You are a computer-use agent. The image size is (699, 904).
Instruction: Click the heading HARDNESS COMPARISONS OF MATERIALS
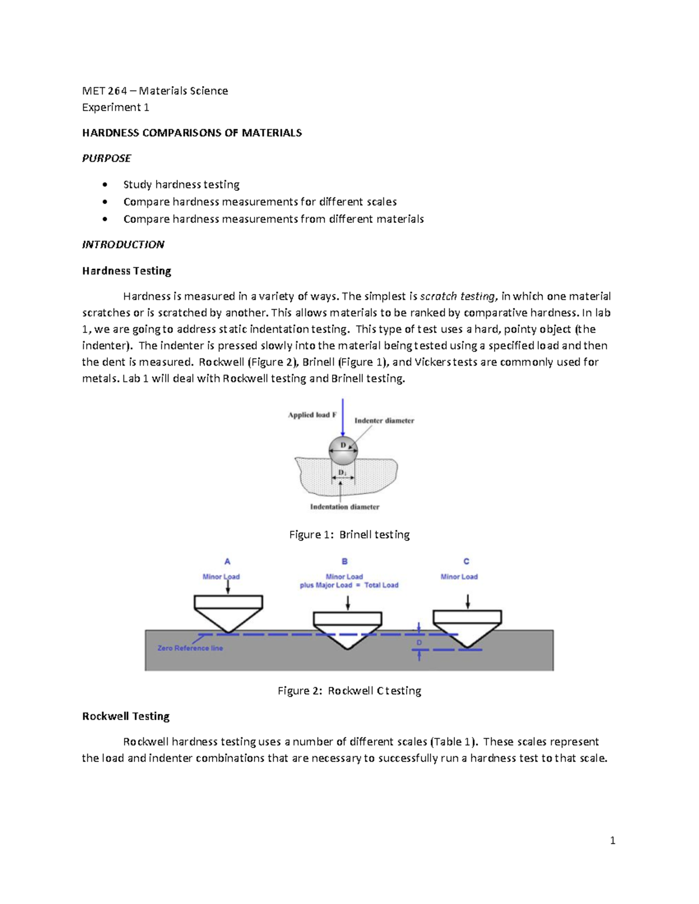point(192,133)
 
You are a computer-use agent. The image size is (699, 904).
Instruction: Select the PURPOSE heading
point(107,158)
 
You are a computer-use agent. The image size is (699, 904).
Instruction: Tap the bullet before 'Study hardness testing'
point(105,185)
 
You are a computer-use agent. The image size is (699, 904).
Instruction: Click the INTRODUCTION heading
point(123,244)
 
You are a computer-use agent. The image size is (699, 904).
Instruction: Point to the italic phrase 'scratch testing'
point(458,296)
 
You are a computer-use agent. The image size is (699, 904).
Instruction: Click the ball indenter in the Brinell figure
point(343,449)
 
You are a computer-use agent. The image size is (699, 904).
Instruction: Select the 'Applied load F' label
point(312,415)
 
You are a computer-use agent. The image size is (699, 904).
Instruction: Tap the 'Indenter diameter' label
point(384,420)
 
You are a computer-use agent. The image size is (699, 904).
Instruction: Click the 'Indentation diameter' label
point(344,507)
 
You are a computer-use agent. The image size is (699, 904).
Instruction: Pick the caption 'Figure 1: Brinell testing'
point(349,534)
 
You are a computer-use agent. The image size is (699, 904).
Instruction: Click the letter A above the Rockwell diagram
point(227,562)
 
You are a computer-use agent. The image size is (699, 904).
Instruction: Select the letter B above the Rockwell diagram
point(345,562)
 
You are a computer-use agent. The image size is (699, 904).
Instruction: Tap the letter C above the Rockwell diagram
point(466,562)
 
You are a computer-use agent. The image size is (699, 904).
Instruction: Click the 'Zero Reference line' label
point(190,648)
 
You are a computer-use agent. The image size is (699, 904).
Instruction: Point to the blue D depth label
point(419,643)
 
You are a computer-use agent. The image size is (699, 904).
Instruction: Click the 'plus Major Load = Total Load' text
point(349,585)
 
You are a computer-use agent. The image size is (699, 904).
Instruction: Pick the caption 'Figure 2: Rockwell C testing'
point(349,690)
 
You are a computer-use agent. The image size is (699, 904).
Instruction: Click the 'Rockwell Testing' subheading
point(126,716)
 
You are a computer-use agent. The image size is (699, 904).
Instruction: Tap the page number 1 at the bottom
point(612,840)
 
